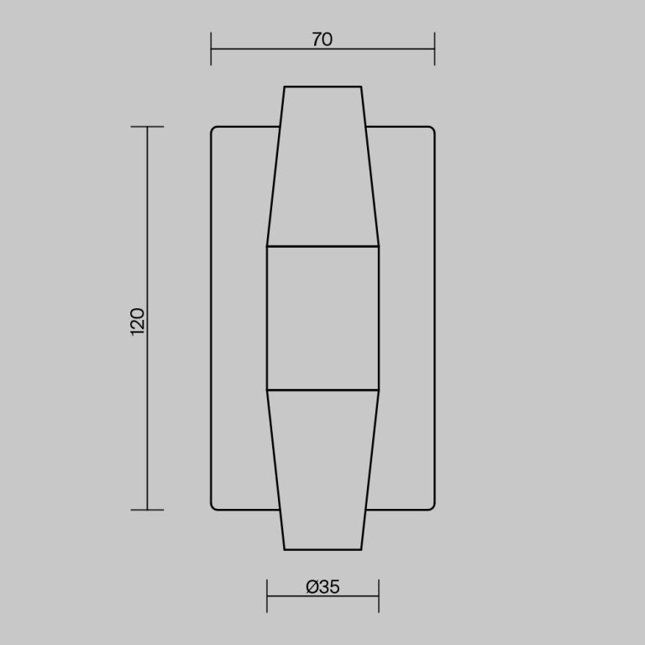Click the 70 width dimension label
[322, 39]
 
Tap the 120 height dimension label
[138, 322]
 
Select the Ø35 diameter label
[322, 587]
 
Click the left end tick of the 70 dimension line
[211, 49]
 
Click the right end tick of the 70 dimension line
[434, 49]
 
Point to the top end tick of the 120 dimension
[147, 127]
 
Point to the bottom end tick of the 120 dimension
[147, 510]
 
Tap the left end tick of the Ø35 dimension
[267, 595]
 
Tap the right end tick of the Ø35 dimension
[379, 595]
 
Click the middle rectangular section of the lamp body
[322, 318]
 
